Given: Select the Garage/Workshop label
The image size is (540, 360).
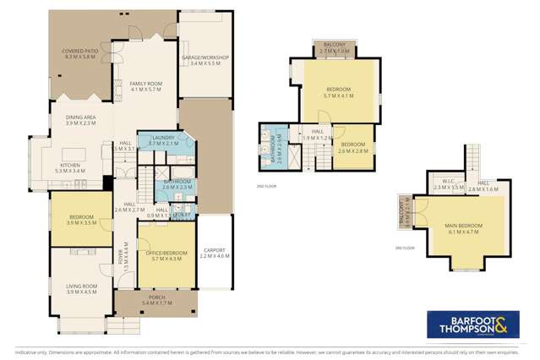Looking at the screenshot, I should click(205, 60).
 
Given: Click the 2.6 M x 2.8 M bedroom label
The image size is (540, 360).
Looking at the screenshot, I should click(353, 148).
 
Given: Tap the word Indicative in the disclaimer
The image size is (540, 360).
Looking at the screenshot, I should click(22, 351).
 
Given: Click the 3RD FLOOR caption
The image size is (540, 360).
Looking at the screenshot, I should click(403, 248).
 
